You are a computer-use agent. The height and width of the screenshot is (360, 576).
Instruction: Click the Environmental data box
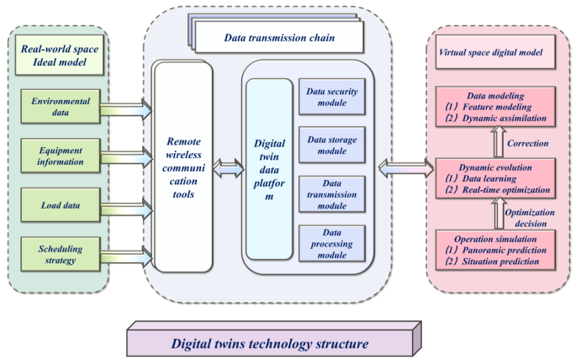(x=61, y=107)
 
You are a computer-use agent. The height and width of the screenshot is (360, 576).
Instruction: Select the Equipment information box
(x=61, y=156)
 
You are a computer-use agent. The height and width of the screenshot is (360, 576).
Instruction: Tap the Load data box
(x=61, y=205)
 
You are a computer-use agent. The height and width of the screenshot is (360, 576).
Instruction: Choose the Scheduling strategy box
(x=61, y=254)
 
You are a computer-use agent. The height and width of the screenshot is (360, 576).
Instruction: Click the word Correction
(x=528, y=143)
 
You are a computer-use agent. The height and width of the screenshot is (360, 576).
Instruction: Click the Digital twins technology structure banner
(x=270, y=342)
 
